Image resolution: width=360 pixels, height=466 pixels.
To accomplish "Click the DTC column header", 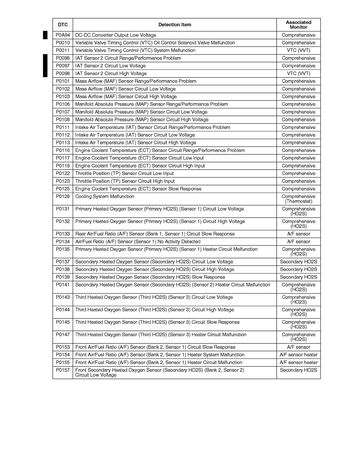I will pyautogui.click(x=62, y=25).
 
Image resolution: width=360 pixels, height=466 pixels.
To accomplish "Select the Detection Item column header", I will pyautogui.click(x=175, y=25).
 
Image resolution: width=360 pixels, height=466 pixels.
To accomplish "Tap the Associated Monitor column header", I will pyautogui.click(x=298, y=25).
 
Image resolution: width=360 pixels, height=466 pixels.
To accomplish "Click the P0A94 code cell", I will pyautogui.click(x=62, y=35).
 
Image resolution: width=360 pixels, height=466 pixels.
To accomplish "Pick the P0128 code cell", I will pyautogui.click(x=62, y=197).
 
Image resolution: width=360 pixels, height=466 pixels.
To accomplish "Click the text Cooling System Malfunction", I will pyautogui.click(x=105, y=197).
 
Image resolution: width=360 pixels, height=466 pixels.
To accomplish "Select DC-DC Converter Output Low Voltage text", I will pyautogui.click(x=116, y=35).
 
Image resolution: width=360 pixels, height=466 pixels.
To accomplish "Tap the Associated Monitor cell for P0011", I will pyautogui.click(x=298, y=51).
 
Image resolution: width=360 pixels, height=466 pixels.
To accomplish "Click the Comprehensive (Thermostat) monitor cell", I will pyautogui.click(x=298, y=199).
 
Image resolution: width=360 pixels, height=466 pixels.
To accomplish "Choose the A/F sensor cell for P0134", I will pyautogui.click(x=298, y=242).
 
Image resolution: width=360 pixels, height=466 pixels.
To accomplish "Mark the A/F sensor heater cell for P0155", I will pyautogui.click(x=298, y=362).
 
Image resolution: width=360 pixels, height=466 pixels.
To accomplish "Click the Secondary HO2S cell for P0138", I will pyautogui.click(x=298, y=269).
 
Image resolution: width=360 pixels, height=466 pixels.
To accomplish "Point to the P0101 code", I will pyautogui.click(x=62, y=81).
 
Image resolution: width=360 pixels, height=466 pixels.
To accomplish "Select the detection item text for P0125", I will pyautogui.click(x=138, y=189).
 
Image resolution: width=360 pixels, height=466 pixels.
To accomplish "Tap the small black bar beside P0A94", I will pyautogui.click(x=45, y=35).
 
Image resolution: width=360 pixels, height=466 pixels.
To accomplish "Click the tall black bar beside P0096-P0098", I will pyautogui.click(x=45, y=66).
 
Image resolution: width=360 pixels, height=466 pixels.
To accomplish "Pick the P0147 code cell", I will pyautogui.click(x=62, y=335).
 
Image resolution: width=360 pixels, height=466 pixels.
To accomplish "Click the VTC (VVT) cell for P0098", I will pyautogui.click(x=298, y=73).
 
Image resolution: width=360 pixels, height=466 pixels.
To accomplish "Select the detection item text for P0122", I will pyautogui.click(x=124, y=173).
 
